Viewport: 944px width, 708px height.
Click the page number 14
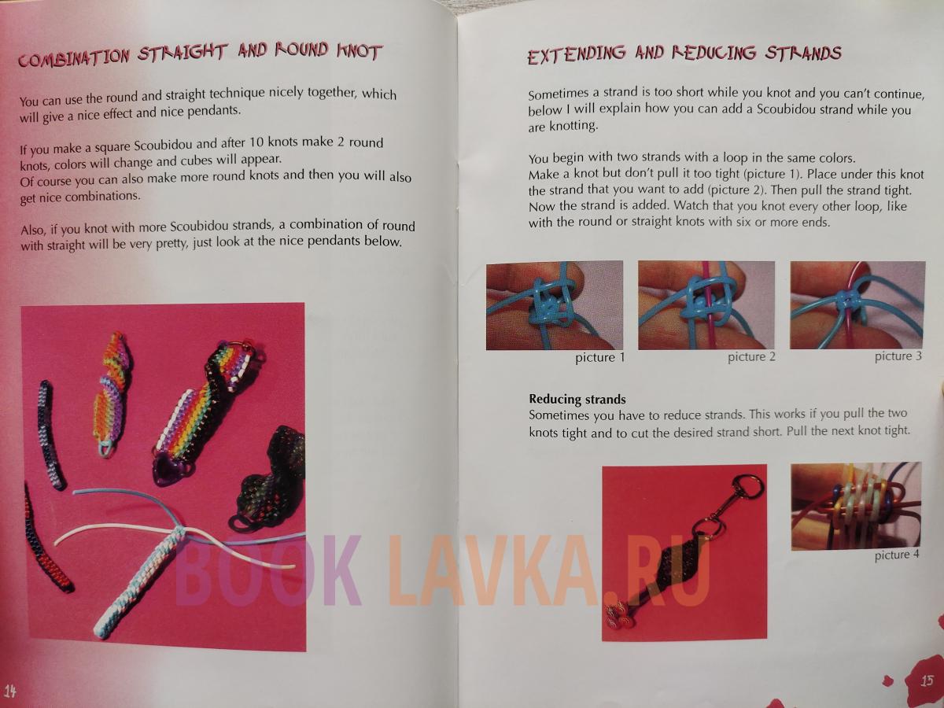(10, 691)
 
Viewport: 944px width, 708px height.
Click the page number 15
(927, 680)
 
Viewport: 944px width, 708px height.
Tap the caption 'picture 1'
(600, 358)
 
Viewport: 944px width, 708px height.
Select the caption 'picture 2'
(751, 357)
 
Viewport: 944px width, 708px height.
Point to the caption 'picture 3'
(898, 356)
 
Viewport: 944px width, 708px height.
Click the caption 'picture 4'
(897, 555)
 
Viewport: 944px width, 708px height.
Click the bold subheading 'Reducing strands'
(577, 400)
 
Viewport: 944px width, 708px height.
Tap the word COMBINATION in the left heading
(73, 57)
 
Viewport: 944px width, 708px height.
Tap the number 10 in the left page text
(256, 142)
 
